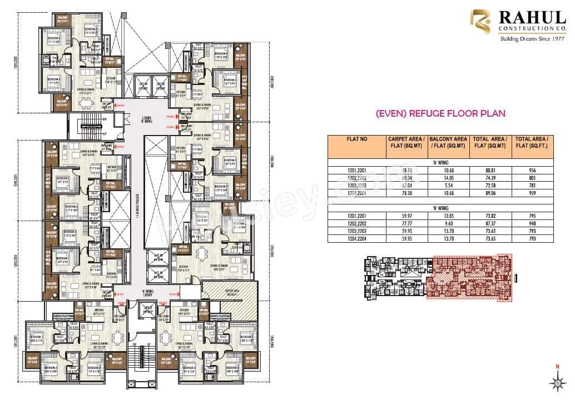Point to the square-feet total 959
[x=532, y=193]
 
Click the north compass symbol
[x=557, y=381]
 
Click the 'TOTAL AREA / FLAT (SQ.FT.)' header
[x=532, y=147]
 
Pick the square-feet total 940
[x=532, y=224]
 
